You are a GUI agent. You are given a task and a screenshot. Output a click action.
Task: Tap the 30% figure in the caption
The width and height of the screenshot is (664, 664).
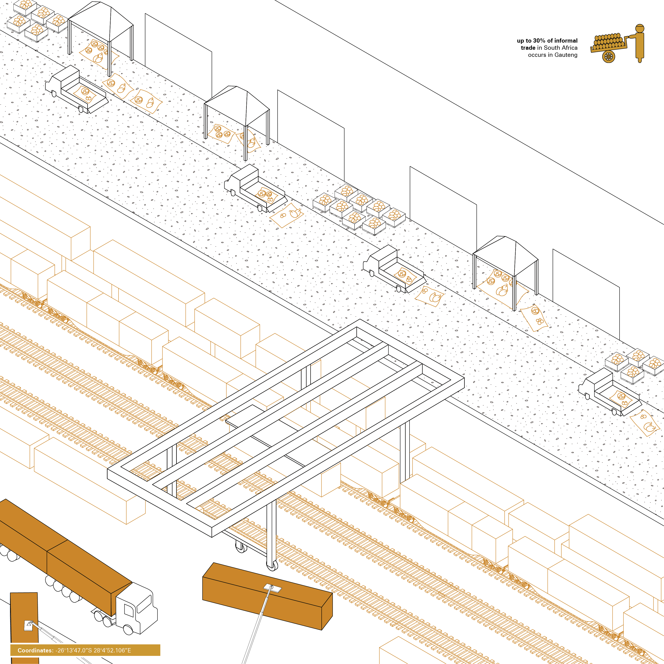539,41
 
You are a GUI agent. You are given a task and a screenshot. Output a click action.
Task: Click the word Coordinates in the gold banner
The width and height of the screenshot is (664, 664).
35,650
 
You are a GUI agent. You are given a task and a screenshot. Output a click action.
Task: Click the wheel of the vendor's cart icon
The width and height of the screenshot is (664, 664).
608,56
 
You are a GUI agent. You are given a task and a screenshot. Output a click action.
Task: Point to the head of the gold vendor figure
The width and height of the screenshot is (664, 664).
640,29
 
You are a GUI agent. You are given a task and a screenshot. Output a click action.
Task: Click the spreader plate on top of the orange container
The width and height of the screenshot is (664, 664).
272,588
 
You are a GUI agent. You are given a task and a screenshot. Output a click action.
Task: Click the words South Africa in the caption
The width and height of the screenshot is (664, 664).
561,48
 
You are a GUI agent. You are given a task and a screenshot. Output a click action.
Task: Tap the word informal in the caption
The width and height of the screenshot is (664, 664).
566,41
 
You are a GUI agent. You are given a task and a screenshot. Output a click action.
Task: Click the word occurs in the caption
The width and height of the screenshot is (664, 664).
537,55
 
